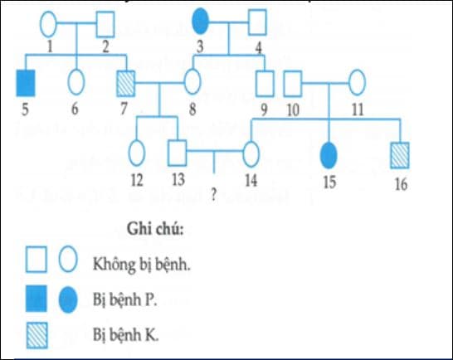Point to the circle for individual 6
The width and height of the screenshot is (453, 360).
pyautogui.click(x=76, y=82)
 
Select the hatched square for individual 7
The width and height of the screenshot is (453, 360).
pyautogui.click(x=127, y=83)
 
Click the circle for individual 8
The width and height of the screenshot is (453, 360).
pyautogui.click(x=193, y=83)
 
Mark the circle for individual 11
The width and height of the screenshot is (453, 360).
pyautogui.click(x=357, y=83)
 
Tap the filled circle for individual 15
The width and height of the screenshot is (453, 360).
pyautogui.click(x=329, y=154)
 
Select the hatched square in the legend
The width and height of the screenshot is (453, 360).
pyautogui.click(x=38, y=334)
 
